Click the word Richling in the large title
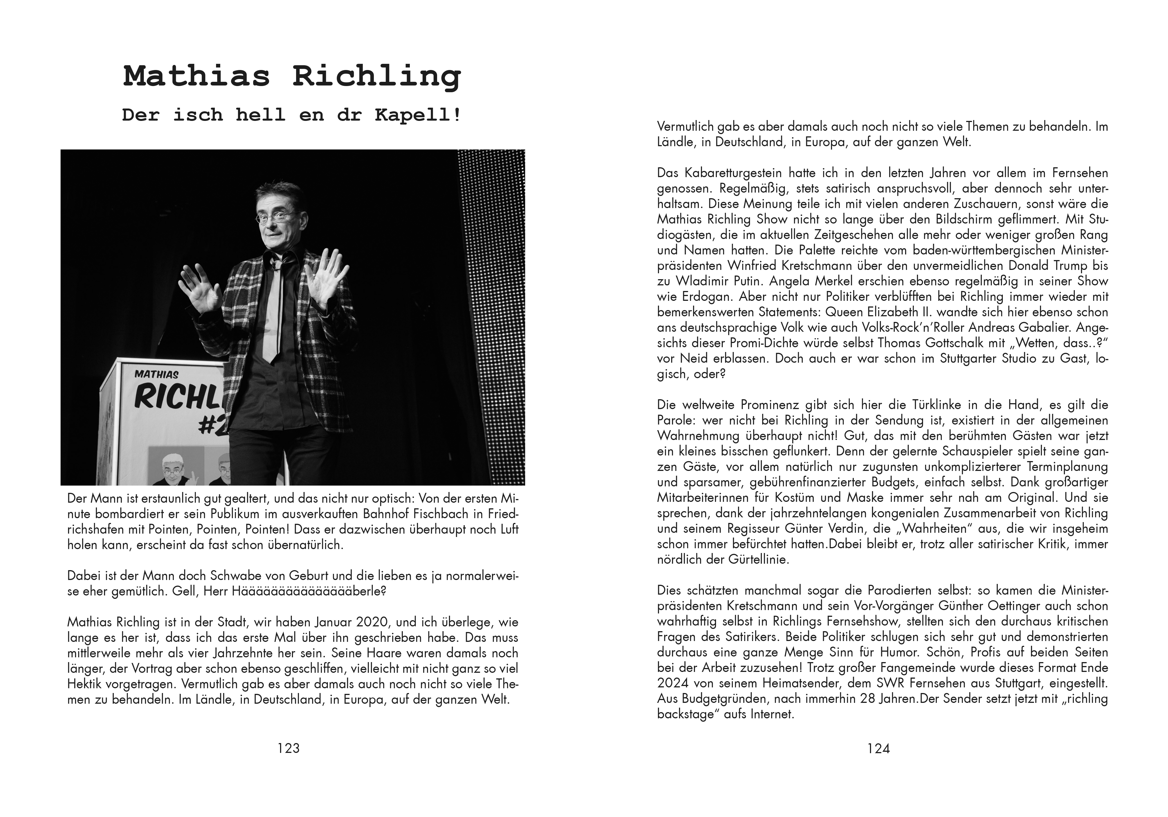point(376,76)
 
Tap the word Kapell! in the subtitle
point(418,115)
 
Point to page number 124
point(879,748)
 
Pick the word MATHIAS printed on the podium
point(157,374)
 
